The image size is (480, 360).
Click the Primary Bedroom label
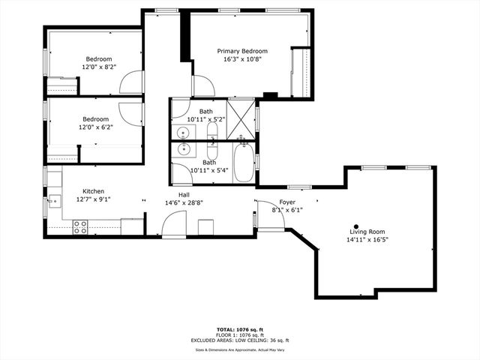[x=242, y=51]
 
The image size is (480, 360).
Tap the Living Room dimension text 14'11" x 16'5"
[x=367, y=240]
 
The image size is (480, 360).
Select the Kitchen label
[x=93, y=191]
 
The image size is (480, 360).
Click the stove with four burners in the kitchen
[x=80, y=225]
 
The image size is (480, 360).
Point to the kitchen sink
[x=54, y=200]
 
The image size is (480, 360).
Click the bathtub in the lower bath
[x=244, y=163]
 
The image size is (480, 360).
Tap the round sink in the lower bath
[x=184, y=148]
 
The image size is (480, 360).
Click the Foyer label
[x=287, y=202]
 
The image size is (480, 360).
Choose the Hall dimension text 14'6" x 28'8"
[x=184, y=202]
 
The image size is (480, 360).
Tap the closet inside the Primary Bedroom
[x=301, y=72]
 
